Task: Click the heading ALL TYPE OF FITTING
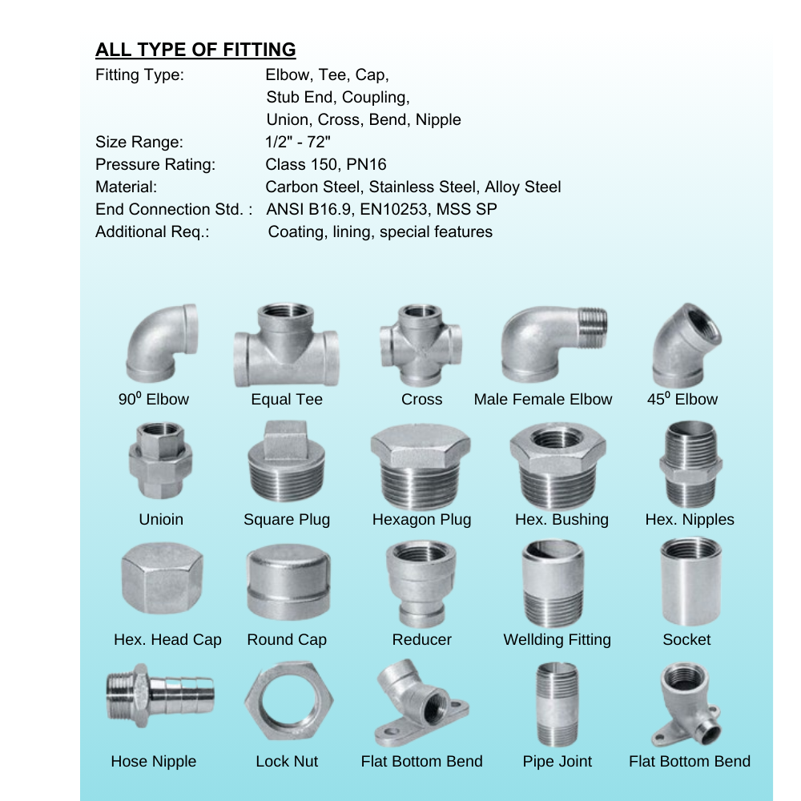pos(195,50)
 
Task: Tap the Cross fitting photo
pos(421,345)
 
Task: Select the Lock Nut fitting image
pos(288,701)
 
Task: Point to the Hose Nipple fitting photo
pos(160,695)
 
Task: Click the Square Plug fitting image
pos(287,462)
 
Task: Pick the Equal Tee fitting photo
pos(287,345)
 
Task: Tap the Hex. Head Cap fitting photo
pos(163,578)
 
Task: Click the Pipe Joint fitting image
pos(557,704)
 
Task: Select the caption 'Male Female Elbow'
pos(542,399)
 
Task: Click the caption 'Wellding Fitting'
pos(557,639)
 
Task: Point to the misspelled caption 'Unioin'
pos(161,519)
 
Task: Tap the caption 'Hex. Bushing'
pos(562,520)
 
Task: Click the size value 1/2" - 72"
pos(298,142)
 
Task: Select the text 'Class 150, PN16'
pos(326,164)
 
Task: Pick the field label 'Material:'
pos(127,187)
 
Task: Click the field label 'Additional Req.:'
pos(152,232)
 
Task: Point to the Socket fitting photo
pos(691,582)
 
